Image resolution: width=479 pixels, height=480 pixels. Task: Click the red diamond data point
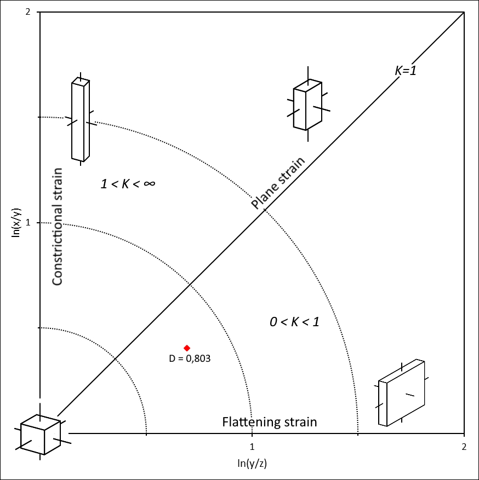pos(187,348)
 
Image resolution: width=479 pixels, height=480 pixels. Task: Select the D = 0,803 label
pos(190,358)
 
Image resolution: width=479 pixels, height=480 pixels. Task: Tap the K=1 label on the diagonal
pos(406,71)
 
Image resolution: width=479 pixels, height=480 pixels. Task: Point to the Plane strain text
pos(278,183)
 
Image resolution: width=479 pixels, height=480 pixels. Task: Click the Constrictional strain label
pos(58,227)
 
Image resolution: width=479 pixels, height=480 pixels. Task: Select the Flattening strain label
pos(270,422)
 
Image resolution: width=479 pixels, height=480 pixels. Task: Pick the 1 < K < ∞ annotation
pos(128,184)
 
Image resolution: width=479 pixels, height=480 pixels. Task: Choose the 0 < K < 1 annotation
pos(294,322)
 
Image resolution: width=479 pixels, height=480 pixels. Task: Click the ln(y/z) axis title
pos(252,463)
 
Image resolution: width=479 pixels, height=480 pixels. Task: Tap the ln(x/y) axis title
pos(16,223)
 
